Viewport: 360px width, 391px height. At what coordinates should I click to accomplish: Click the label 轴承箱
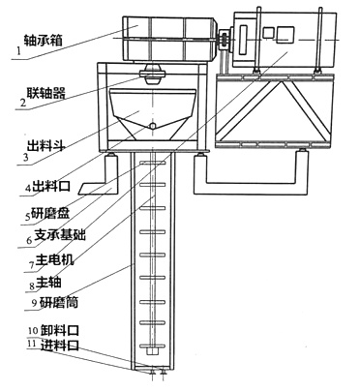click(43, 40)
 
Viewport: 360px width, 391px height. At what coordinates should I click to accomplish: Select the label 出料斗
click(45, 145)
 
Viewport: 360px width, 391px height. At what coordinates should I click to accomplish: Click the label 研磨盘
click(49, 213)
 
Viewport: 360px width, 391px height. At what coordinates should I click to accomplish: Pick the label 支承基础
click(60, 235)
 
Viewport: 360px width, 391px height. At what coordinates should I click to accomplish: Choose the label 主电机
click(54, 259)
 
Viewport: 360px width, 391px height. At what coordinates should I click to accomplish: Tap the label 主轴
click(48, 282)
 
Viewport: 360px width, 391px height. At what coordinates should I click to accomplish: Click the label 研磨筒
click(59, 302)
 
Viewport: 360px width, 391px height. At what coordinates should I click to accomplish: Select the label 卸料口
click(60, 330)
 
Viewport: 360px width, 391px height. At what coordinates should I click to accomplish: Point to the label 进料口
click(60, 345)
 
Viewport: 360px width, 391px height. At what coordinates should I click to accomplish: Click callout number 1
click(18, 51)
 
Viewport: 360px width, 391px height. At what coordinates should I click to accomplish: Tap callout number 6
click(29, 240)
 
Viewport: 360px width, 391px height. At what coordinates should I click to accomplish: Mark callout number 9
click(34, 302)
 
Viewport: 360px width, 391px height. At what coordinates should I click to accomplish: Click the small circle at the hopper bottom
click(153, 126)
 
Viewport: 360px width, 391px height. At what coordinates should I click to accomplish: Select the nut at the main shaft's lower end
click(152, 350)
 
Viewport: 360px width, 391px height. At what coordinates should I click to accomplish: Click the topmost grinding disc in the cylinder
click(153, 164)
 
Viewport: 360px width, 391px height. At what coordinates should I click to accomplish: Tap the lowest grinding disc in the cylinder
click(153, 346)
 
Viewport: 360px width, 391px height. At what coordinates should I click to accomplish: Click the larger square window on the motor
click(285, 34)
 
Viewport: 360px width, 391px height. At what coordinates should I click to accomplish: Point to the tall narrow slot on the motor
click(243, 40)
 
